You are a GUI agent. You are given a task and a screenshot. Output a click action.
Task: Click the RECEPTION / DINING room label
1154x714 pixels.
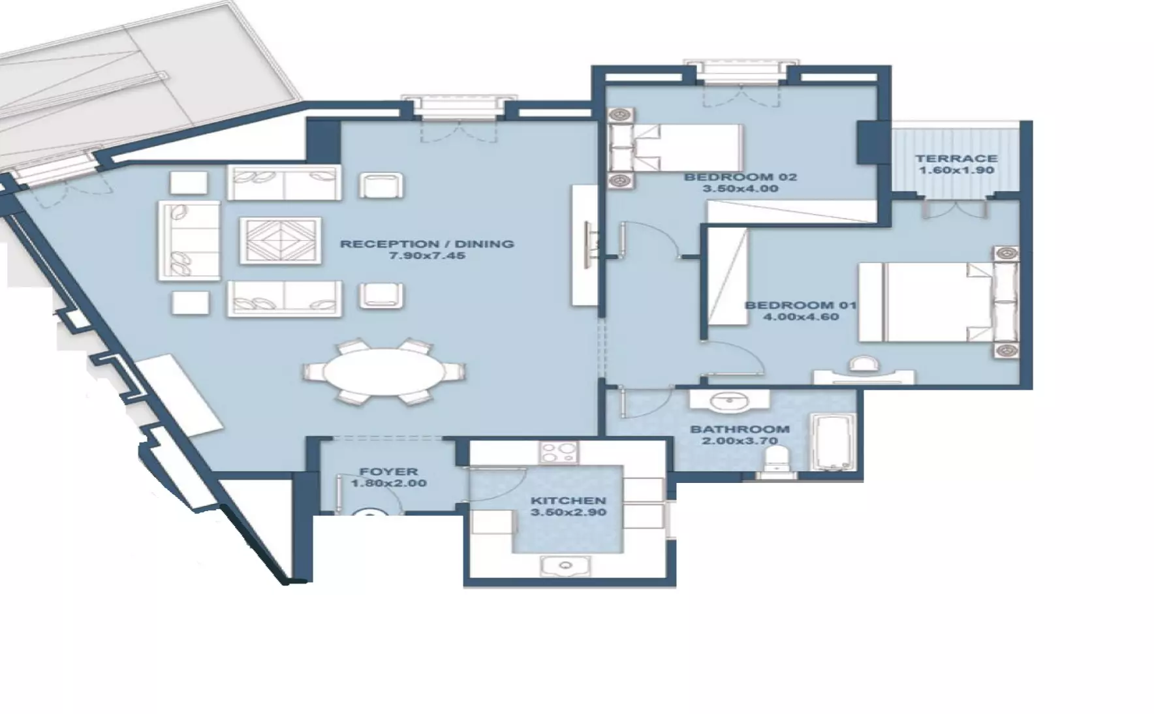[x=427, y=244]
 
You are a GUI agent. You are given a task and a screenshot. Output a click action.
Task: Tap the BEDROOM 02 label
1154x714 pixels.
[x=740, y=177]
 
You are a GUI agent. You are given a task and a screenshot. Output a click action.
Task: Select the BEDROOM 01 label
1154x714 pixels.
[x=801, y=305]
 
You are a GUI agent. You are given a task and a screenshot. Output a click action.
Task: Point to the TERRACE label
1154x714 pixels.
[x=956, y=158]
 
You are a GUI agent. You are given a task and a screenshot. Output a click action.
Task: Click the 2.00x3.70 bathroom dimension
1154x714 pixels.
[x=740, y=441]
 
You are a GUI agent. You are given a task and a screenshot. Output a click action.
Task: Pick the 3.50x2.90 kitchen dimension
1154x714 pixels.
[x=568, y=512]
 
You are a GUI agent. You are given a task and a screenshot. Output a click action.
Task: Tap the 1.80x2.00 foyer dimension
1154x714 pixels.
[x=388, y=484]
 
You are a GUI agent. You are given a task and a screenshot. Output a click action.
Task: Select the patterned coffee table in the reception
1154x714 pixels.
[x=281, y=240]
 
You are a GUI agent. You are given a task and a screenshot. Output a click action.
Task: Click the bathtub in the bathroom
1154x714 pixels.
[x=832, y=442]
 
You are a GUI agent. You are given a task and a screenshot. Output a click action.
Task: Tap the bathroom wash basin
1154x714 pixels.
[x=730, y=401]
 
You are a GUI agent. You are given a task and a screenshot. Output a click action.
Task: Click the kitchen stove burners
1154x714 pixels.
[x=559, y=453]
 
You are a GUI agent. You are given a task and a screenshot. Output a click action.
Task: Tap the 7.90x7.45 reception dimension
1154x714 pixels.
[x=427, y=256]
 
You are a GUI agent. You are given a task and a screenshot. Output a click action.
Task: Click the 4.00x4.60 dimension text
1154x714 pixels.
[x=801, y=317]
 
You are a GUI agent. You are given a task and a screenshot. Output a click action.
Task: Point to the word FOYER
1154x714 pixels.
[x=388, y=471]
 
